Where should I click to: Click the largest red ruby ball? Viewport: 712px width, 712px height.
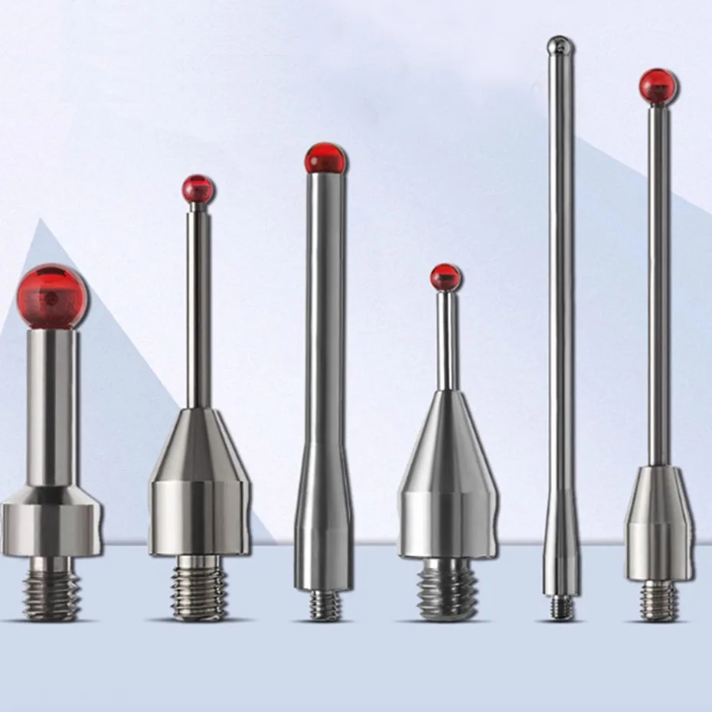click(52, 296)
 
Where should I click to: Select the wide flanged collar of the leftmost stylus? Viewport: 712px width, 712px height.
click(51, 525)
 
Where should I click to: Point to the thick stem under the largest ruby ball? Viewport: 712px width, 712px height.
click(52, 406)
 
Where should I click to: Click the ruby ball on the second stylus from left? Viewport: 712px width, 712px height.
click(198, 189)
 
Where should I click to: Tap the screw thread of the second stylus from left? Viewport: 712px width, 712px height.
click(199, 588)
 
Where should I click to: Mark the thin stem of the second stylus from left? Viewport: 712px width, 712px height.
click(199, 306)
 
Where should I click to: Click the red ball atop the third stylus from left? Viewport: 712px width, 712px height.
click(325, 158)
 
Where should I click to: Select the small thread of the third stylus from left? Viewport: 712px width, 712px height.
click(325, 605)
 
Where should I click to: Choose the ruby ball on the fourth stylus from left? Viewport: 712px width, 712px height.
click(446, 277)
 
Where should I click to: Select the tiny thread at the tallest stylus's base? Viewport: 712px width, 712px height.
click(561, 608)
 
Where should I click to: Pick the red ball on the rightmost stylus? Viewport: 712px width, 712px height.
click(658, 87)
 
